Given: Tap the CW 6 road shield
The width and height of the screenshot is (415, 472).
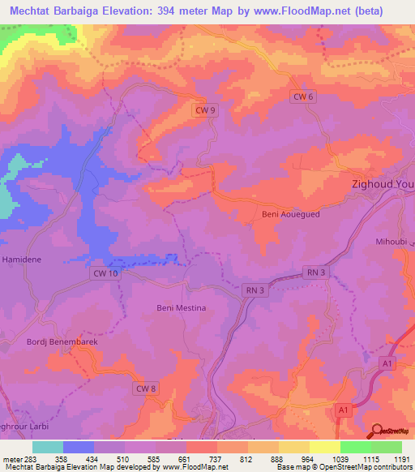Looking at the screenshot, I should click(302, 97).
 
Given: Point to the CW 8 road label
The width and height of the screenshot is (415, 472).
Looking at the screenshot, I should click(145, 389).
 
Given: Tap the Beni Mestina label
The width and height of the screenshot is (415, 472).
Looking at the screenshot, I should click(181, 308).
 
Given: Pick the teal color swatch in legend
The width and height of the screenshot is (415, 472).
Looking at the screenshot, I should click(48, 447).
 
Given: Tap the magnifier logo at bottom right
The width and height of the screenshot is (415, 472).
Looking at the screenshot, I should click(377, 431).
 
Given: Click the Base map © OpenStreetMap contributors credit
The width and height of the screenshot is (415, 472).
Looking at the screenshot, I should click(344, 467).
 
